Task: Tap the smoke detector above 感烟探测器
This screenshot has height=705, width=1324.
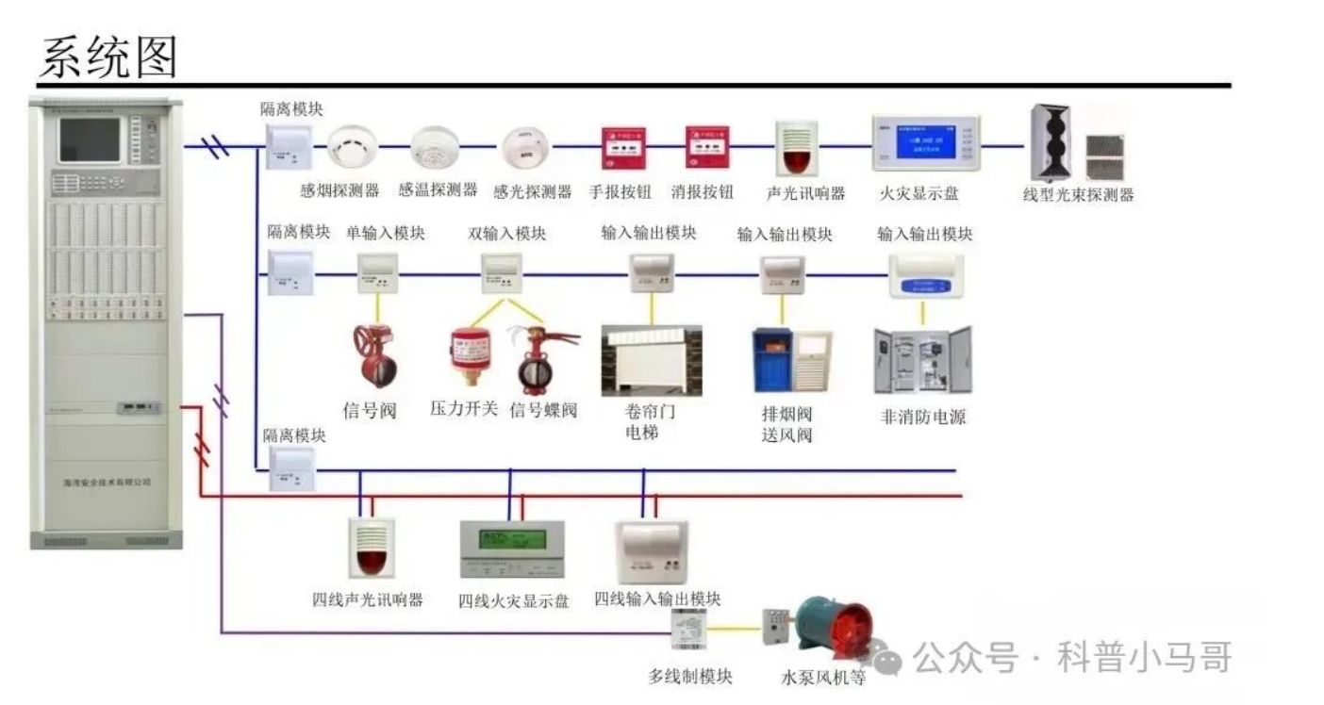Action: (352, 147)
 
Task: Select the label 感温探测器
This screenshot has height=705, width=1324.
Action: (438, 190)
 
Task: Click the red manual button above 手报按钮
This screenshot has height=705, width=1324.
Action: (623, 148)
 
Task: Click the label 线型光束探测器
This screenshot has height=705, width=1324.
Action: (1078, 196)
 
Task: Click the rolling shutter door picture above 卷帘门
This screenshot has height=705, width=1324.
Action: (652, 361)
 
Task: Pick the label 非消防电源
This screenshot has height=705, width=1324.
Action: (922, 417)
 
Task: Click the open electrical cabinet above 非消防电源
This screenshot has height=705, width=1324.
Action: (922, 360)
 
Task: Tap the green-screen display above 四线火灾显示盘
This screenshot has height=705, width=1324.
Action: (512, 549)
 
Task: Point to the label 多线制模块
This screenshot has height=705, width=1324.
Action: (690, 677)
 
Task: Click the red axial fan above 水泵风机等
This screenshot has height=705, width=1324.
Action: (825, 626)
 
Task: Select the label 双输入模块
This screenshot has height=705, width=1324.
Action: (507, 234)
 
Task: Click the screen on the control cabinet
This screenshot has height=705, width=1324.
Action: (91, 140)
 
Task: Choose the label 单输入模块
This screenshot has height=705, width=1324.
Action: (386, 233)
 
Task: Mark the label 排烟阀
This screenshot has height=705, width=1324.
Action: (786, 414)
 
